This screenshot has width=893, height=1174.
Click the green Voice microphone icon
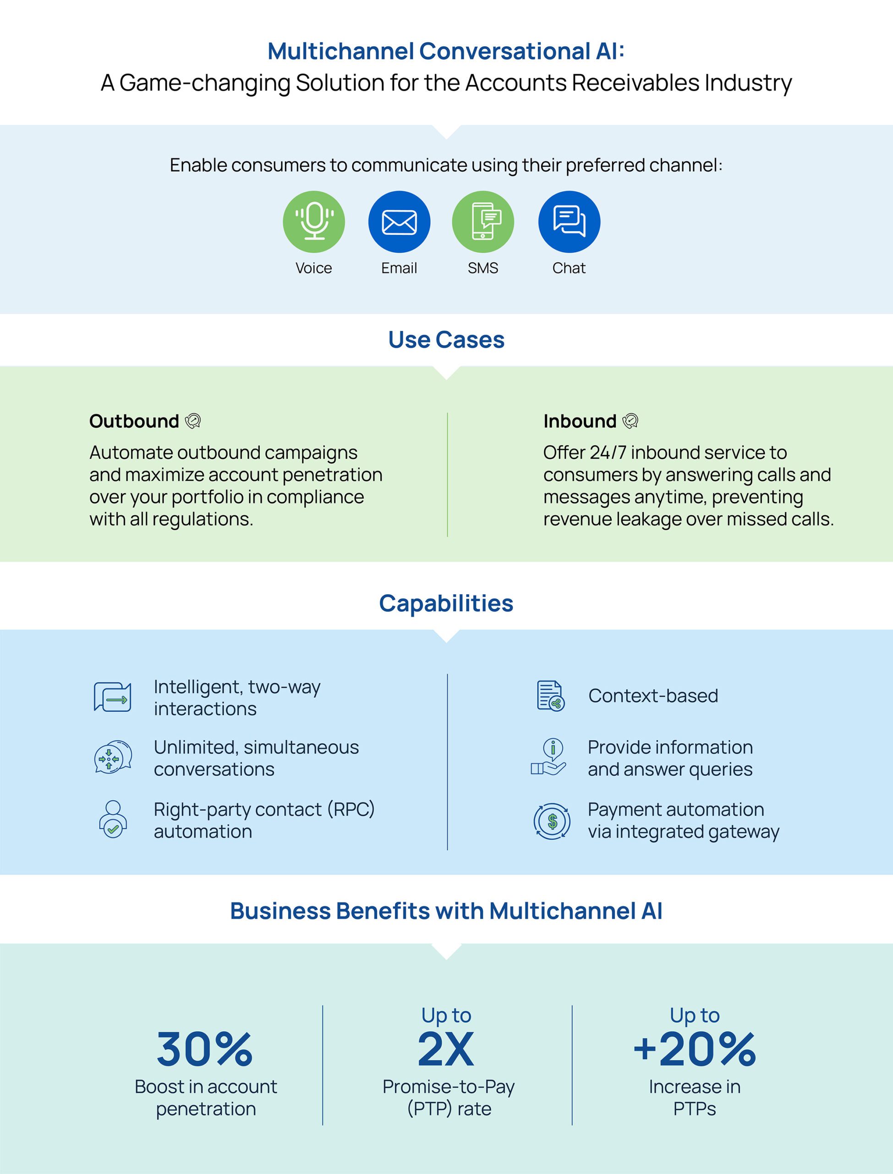tap(313, 222)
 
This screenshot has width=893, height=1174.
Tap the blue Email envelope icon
tap(399, 222)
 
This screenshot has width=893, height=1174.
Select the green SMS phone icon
tap(482, 222)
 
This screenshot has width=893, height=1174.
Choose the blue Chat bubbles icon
tap(569, 222)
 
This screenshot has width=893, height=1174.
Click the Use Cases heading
tap(446, 339)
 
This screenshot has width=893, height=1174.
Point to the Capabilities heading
tap(446, 603)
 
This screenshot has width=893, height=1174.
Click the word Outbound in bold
tap(134, 421)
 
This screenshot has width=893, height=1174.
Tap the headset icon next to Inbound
tap(630, 421)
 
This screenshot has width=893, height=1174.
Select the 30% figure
tap(205, 1048)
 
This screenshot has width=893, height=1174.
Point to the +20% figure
tap(694, 1048)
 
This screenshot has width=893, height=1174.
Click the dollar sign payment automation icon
tap(552, 821)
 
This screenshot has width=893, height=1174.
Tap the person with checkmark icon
tap(113, 819)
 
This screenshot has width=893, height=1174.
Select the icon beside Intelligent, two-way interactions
tap(113, 697)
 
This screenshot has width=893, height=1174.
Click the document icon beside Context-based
tap(550, 696)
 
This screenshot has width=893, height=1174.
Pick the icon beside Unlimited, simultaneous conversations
tap(113, 757)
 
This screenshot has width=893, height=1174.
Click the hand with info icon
tap(549, 757)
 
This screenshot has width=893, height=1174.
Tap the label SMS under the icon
tap(482, 268)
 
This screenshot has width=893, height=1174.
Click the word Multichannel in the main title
tap(340, 52)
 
